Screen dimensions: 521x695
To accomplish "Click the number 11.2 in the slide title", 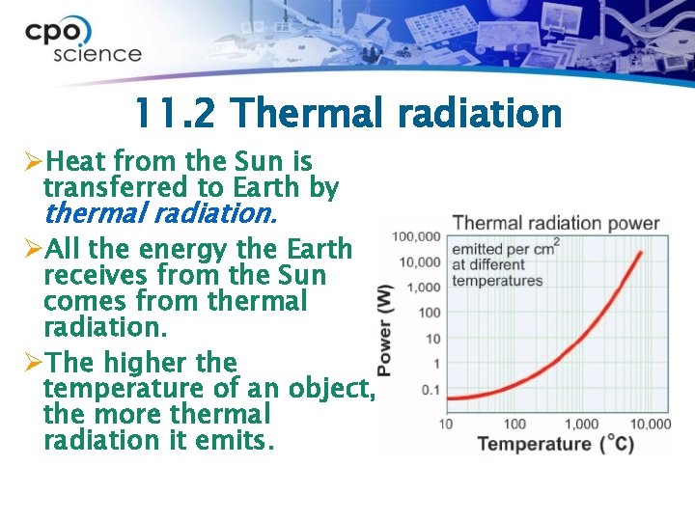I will [x=176, y=114].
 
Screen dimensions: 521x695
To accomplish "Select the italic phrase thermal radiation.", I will [x=159, y=211].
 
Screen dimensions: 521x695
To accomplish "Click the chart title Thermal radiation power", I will [x=556, y=223].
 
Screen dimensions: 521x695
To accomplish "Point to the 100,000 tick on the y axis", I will [x=416, y=236].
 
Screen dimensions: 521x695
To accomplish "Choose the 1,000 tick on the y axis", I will [x=424, y=287].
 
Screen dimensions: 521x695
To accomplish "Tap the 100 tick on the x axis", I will [x=515, y=424].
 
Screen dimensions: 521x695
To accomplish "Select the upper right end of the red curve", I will [x=641, y=253].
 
